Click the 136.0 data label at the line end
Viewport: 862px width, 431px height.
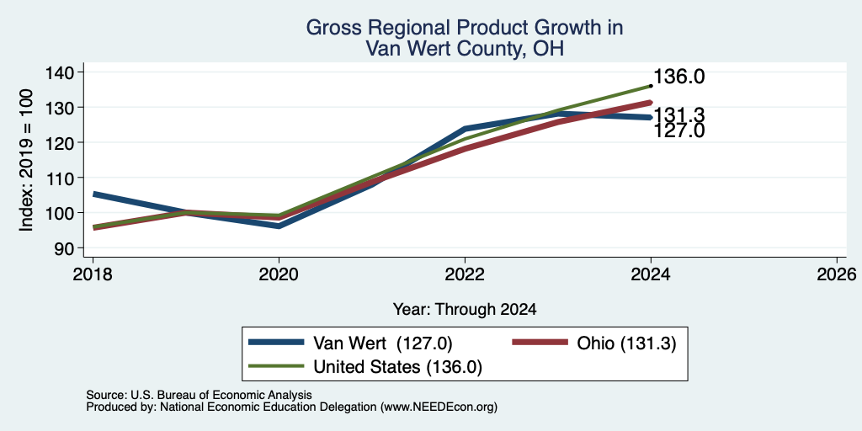(x=679, y=77)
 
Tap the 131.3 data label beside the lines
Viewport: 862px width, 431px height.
(x=679, y=115)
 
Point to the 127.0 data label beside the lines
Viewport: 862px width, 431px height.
(x=679, y=130)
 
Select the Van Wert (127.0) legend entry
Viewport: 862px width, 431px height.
(x=351, y=343)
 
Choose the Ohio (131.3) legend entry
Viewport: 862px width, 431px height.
(x=593, y=343)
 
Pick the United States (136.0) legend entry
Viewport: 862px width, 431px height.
(x=365, y=367)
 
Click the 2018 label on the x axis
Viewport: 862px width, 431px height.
(x=93, y=274)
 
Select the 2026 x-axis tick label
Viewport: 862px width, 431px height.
(x=837, y=274)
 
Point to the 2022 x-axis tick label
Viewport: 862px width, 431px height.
(x=465, y=274)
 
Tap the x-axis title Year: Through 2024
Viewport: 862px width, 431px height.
(x=465, y=310)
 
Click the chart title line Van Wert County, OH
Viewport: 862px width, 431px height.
(x=465, y=50)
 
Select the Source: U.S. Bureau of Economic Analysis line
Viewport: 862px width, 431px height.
(x=199, y=395)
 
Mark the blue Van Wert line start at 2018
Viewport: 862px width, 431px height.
(x=94, y=194)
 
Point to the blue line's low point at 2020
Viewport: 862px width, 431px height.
(x=279, y=226)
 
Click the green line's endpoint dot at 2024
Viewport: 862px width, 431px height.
(x=651, y=86)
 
